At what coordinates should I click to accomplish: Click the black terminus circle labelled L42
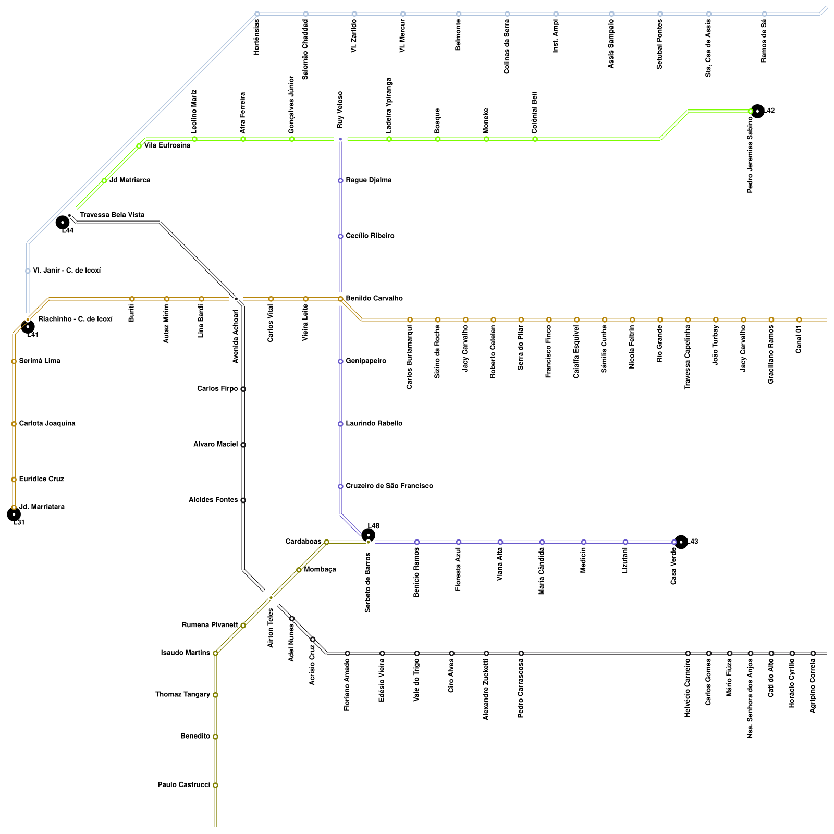pyautogui.click(x=757, y=111)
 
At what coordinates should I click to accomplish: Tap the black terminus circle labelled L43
pyautogui.click(x=681, y=542)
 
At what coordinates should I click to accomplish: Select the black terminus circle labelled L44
pyautogui.click(x=63, y=222)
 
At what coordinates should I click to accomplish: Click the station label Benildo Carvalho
pyautogui.click(x=374, y=299)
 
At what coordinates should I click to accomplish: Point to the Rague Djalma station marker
pyautogui.click(x=340, y=181)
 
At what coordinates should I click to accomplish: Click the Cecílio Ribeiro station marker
pyautogui.click(x=340, y=236)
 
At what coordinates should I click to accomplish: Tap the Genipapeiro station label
pyautogui.click(x=366, y=361)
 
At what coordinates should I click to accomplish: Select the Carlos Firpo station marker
pyautogui.click(x=243, y=389)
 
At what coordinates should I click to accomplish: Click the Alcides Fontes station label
pyautogui.click(x=213, y=500)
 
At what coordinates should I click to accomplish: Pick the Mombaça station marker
pyautogui.click(x=299, y=570)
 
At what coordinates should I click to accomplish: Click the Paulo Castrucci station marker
pyautogui.click(x=215, y=785)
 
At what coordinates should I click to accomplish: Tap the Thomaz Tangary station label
pyautogui.click(x=182, y=695)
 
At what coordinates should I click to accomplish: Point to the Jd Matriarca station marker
pyautogui.click(x=104, y=181)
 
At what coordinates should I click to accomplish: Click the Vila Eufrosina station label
pyautogui.click(x=167, y=146)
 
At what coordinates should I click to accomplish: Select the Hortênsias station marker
pyautogui.click(x=257, y=14)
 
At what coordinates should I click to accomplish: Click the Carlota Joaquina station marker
pyautogui.click(x=14, y=424)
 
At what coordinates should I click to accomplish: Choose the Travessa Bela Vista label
pyautogui.click(x=112, y=215)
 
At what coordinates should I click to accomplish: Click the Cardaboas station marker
pyautogui.click(x=326, y=542)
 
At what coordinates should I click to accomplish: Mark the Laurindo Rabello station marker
pyautogui.click(x=340, y=424)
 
